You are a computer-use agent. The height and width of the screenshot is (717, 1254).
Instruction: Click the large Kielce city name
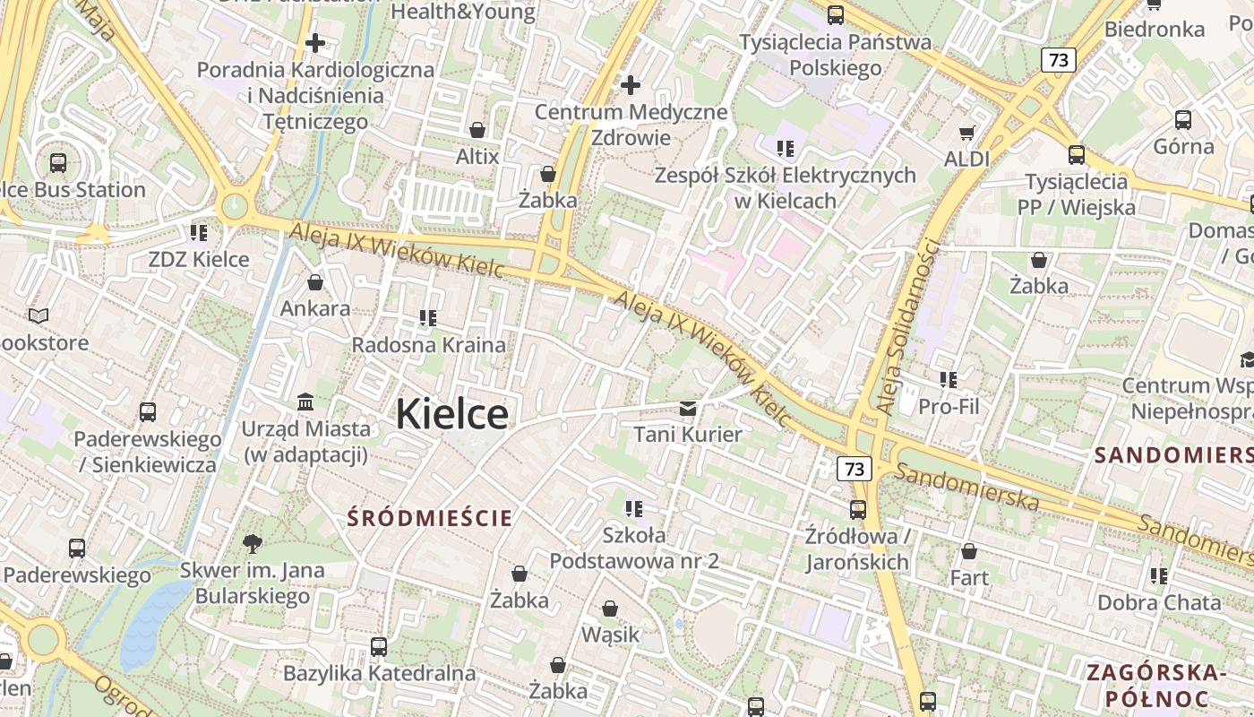coord(451,414)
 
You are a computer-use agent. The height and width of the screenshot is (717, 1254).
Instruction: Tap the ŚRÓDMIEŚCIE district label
coord(430,517)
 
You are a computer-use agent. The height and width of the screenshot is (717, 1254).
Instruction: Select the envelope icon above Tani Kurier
coord(688,409)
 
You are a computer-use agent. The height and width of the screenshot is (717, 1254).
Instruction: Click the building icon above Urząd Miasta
coord(305,401)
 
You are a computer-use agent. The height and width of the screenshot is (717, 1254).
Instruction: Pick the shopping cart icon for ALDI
coord(967,133)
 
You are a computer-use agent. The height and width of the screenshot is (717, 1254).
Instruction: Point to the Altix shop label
coord(477,156)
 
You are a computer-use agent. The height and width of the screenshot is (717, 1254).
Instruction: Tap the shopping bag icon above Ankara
coord(315,282)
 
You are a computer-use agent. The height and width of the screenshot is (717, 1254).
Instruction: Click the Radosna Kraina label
coord(428,344)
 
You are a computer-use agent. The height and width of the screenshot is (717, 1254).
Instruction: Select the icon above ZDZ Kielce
coord(199,233)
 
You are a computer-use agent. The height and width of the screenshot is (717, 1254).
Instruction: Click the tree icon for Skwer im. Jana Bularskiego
coord(253,542)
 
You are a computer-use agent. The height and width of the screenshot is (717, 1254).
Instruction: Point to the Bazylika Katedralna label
coord(379,673)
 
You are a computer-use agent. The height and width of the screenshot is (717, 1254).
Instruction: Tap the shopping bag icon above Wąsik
coord(610,609)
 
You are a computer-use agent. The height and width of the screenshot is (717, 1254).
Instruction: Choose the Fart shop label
coord(969,577)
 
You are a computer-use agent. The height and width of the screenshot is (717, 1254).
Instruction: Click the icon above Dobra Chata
coord(1159,575)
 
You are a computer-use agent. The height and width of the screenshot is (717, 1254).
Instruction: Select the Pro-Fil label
coord(949,406)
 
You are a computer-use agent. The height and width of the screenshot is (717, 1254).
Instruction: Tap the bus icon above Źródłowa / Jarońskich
coord(858,510)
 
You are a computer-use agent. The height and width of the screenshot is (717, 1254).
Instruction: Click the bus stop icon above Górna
coord(1183,119)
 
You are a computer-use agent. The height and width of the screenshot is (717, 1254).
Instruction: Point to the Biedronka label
coord(1155,29)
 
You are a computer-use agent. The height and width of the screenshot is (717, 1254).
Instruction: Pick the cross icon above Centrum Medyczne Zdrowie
coord(631,85)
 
